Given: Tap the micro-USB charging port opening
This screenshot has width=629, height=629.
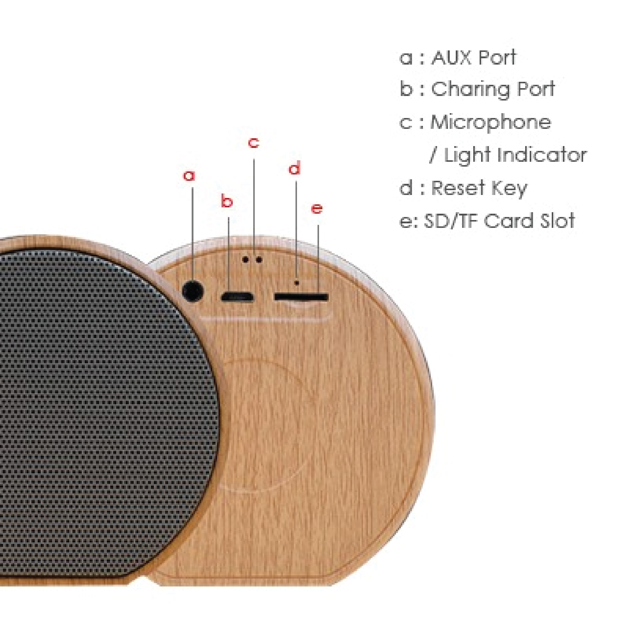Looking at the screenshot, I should coord(237,297).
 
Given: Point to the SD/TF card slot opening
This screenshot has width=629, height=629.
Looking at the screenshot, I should coord(301,297).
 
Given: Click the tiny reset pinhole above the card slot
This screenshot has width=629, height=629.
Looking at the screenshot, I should coord(296,283).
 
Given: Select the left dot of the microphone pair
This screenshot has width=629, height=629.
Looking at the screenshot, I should coord(246,260).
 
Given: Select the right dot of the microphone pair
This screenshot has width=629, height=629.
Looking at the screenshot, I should coord(259,260).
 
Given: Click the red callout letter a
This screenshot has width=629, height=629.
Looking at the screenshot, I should coord(189,176).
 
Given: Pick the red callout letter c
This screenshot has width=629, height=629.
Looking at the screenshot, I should coord(253,142).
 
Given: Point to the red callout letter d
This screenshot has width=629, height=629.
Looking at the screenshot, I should coord(295,168).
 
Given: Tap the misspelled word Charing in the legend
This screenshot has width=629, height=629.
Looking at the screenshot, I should coord(469,90).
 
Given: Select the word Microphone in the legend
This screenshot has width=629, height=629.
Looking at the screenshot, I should coord(491,123).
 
